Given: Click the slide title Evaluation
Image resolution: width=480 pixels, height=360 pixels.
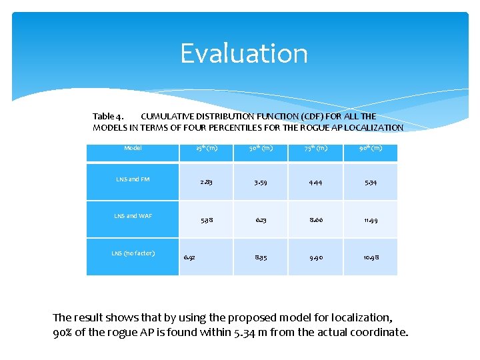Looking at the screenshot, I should pyautogui.click(x=244, y=53).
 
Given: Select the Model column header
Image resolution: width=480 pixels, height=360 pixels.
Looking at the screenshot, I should pyautogui.click(x=133, y=148).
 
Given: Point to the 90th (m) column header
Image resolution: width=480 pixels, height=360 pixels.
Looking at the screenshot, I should pyautogui.click(x=370, y=148).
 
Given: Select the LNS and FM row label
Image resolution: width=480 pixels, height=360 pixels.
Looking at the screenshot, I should pyautogui.click(x=133, y=179).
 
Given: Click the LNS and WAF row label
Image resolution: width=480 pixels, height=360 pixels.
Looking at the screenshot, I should pyautogui.click(x=133, y=216).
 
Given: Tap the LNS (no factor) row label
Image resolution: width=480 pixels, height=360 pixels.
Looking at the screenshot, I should pyautogui.click(x=133, y=253).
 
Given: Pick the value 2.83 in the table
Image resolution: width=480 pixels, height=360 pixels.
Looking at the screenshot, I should pyautogui.click(x=205, y=183).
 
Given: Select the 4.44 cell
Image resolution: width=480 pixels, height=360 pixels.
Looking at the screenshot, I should pyautogui.click(x=315, y=183).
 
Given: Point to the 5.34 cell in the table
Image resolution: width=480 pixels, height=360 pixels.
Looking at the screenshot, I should pyautogui.click(x=370, y=183).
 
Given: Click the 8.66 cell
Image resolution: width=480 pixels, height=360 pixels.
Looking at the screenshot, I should pyautogui.click(x=315, y=220).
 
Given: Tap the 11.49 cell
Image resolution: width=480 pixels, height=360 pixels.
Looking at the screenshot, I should pyautogui.click(x=370, y=220).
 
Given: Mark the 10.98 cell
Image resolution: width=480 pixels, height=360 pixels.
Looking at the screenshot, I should pyautogui.click(x=370, y=257).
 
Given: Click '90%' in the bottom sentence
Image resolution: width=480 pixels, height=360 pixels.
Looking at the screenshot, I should pyautogui.click(x=63, y=332).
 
